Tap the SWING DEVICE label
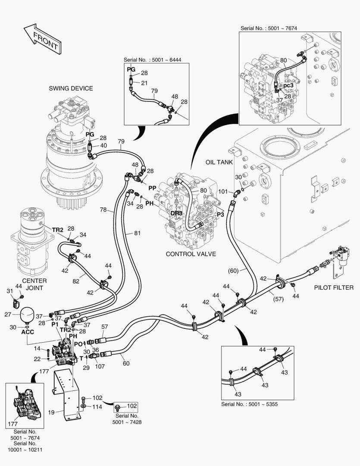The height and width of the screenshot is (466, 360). click(71, 88)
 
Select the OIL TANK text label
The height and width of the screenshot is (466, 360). click(219, 162)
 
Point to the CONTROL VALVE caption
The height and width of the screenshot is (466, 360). click(191, 254)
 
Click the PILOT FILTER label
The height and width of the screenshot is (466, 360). click(333, 287)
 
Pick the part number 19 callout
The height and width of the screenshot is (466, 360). click(51, 412)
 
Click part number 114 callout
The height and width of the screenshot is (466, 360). click(97, 407)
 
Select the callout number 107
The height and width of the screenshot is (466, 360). click(100, 367)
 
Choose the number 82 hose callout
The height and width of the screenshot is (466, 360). click(75, 281)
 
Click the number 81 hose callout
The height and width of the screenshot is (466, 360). click(137, 233)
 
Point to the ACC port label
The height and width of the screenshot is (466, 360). click(28, 332)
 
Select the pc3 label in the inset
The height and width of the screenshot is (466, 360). click(288, 85)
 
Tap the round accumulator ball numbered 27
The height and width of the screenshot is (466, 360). click(27, 314)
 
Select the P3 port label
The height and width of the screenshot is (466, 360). click(220, 214)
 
